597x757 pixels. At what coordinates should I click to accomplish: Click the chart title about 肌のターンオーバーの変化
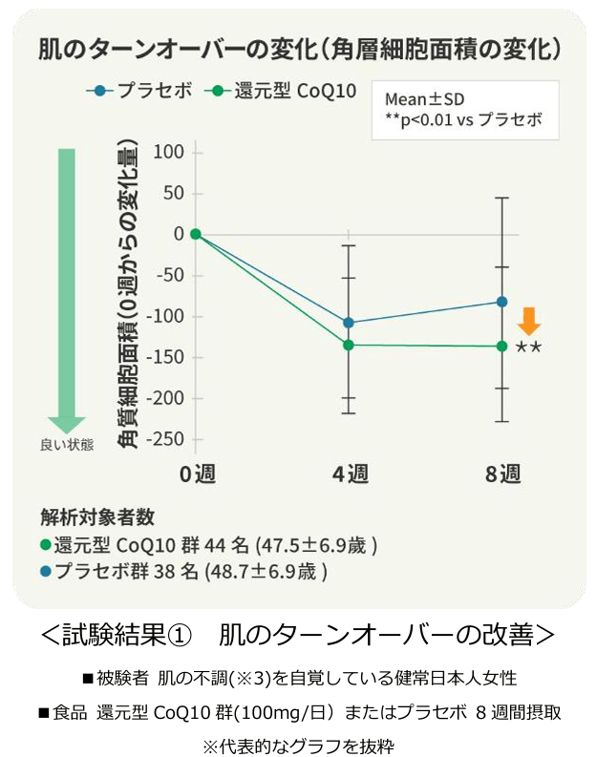click(298, 49)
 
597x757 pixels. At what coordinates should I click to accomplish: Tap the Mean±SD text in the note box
click(424, 99)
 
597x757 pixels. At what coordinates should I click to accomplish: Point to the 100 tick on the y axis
click(168, 152)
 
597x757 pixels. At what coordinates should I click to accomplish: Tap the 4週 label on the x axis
click(350, 474)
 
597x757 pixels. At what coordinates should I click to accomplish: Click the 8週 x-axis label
click(502, 474)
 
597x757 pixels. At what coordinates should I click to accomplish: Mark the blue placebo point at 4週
click(349, 323)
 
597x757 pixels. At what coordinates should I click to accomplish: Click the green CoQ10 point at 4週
click(349, 345)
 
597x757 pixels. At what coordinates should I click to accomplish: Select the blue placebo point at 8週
click(502, 302)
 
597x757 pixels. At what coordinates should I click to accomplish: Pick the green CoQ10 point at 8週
click(502, 346)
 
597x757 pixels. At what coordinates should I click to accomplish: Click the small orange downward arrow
click(528, 321)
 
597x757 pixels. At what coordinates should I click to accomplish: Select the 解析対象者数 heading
click(98, 516)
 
